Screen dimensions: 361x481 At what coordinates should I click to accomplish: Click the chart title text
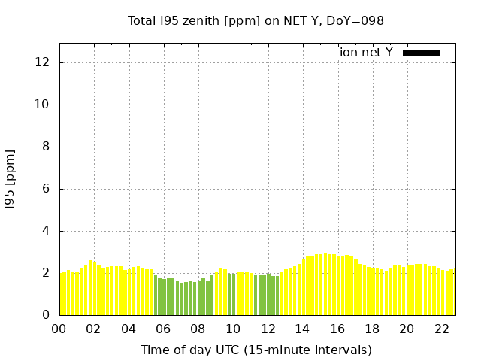click(256, 20)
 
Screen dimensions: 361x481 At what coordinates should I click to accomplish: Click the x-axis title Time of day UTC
click(256, 350)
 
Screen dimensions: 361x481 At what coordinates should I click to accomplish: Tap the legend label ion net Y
click(366, 52)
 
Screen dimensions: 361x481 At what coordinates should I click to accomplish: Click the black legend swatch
click(421, 53)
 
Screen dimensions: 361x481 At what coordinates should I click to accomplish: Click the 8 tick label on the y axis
click(47, 147)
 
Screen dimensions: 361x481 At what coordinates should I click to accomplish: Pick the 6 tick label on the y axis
click(47, 189)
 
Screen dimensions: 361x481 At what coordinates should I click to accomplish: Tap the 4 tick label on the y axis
click(47, 231)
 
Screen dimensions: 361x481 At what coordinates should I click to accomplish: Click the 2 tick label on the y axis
click(47, 273)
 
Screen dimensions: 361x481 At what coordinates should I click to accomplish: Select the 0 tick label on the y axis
click(47, 315)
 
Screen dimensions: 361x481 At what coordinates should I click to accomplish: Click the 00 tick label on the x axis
click(59, 329)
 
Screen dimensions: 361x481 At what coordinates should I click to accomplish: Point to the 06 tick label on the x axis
click(163, 329)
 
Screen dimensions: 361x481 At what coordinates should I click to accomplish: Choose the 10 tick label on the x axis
click(233, 329)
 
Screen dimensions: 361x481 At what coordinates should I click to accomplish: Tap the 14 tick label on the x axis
click(302, 329)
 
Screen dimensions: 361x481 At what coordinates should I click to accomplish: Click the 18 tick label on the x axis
click(372, 329)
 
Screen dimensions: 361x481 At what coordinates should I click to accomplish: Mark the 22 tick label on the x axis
click(441, 329)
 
